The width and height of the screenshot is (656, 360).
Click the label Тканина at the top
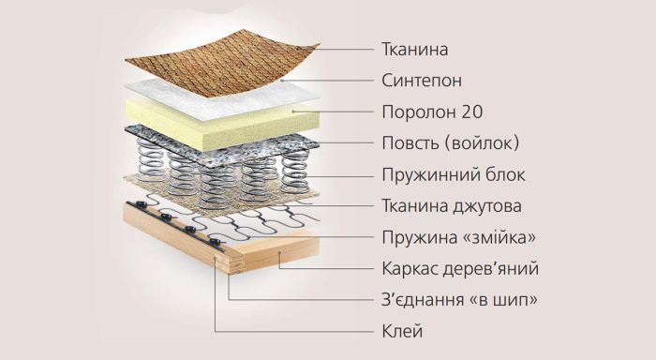click(x=415, y=49)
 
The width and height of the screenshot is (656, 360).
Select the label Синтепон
click(x=422, y=80)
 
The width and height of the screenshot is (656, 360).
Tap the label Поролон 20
click(x=432, y=112)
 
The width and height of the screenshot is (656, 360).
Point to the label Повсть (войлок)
click(x=451, y=143)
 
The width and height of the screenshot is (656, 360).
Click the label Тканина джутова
click(x=452, y=205)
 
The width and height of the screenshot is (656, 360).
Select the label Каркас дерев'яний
click(x=460, y=268)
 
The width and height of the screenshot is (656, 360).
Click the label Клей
click(x=403, y=330)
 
